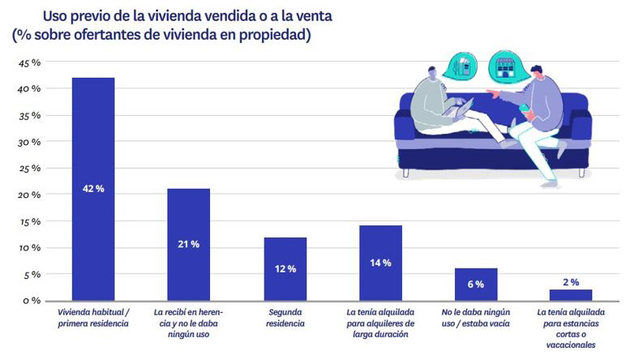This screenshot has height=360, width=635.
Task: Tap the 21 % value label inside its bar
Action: [189, 244]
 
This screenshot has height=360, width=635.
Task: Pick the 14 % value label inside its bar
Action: [380, 263]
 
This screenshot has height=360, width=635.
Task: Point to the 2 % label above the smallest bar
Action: [571, 282]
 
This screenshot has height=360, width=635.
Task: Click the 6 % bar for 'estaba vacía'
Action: [475, 284]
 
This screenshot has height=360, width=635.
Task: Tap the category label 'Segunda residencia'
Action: [285, 318]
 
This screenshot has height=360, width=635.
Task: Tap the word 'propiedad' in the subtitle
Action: [272, 35]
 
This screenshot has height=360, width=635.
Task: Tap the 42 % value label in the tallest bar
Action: [93, 189]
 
